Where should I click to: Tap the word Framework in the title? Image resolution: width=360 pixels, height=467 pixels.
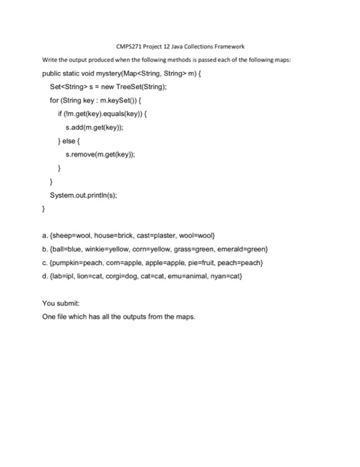point(227,46)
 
